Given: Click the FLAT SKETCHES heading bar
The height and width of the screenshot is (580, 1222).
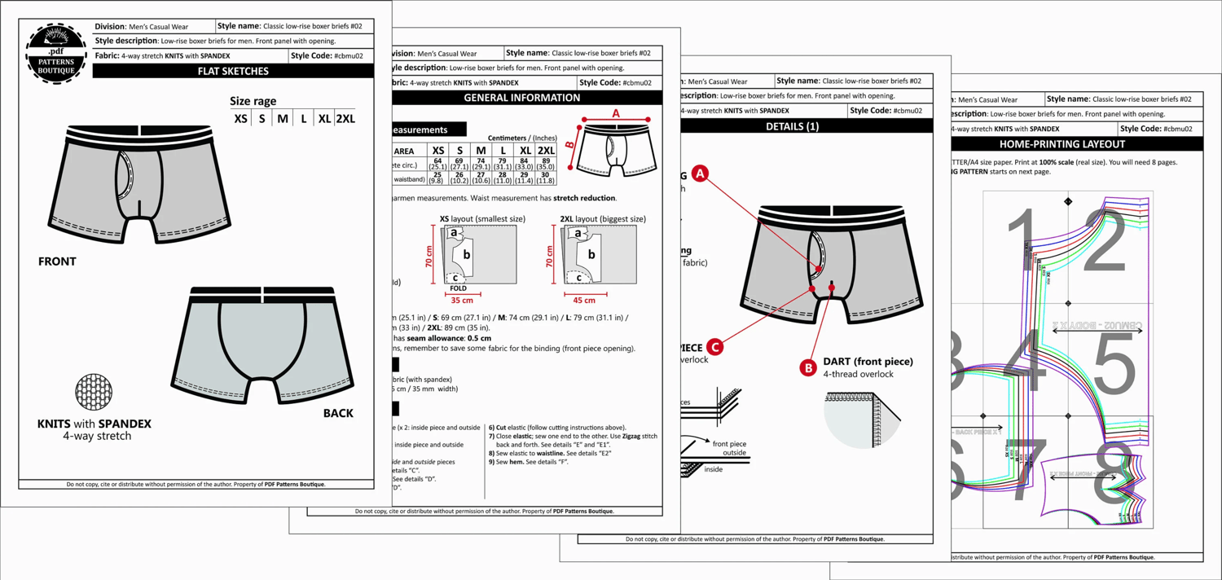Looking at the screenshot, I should click(x=233, y=71).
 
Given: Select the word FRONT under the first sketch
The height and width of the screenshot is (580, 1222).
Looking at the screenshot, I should click(x=57, y=261).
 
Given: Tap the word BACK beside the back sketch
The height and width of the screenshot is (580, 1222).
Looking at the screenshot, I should click(x=338, y=413).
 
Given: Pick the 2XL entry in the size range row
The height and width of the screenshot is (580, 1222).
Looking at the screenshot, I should click(x=345, y=119).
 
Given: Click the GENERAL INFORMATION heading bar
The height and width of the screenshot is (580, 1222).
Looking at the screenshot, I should click(x=522, y=98).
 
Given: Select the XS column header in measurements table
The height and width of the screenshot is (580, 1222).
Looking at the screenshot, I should click(x=438, y=151).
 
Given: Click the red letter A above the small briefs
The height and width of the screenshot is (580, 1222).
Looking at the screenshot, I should click(x=616, y=113).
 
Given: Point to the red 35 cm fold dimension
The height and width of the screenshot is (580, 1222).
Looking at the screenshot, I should click(x=462, y=301).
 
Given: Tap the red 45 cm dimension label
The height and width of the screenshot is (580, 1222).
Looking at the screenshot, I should click(x=584, y=301).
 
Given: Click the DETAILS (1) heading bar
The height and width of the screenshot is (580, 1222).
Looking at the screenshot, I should click(x=793, y=126).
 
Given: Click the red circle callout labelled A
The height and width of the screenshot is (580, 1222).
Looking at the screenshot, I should click(x=700, y=174).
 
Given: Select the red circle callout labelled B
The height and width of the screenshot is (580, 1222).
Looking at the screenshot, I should click(x=808, y=367).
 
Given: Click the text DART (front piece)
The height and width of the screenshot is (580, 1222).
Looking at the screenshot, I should click(x=868, y=362).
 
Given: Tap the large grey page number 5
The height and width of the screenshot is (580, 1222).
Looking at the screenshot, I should click(x=1114, y=362).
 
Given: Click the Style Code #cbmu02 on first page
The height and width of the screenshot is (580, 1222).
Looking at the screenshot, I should click(x=332, y=56).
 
